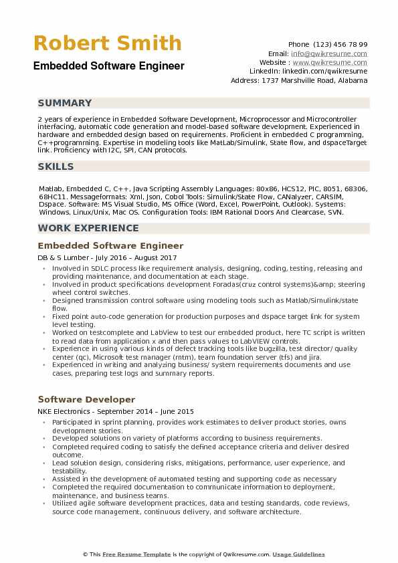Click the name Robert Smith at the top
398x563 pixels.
click(x=107, y=44)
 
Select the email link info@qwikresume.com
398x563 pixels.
click(x=328, y=53)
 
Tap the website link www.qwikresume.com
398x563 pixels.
click(x=330, y=62)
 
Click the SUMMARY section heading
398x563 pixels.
click(x=65, y=103)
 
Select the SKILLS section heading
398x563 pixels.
click(x=56, y=166)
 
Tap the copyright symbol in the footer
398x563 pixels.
click(x=86, y=554)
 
